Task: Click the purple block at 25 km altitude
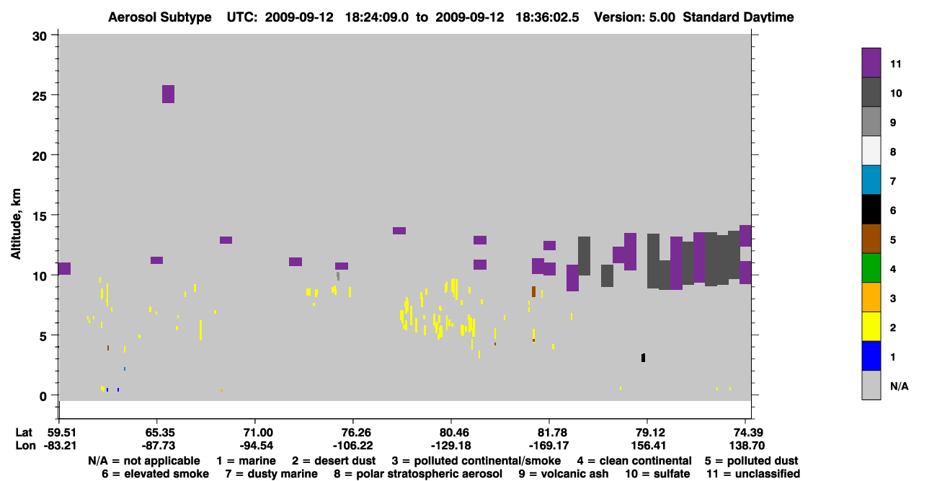(168, 94)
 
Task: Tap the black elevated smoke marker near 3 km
(644, 358)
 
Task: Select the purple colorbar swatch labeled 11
(871, 63)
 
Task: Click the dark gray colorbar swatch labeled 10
(871, 92)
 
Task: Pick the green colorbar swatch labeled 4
(871, 268)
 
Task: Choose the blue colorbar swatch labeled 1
(871, 356)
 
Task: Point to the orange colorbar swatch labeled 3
(871, 297)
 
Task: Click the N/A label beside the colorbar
(899, 387)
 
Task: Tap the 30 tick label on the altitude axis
(40, 37)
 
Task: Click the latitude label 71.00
(256, 433)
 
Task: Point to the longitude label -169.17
(549, 446)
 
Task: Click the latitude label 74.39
(747, 433)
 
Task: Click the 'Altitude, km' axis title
(16, 224)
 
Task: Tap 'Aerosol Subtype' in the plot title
(160, 17)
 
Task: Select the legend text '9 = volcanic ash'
(564, 474)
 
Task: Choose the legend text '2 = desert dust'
(334, 461)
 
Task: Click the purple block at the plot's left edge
(64, 269)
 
